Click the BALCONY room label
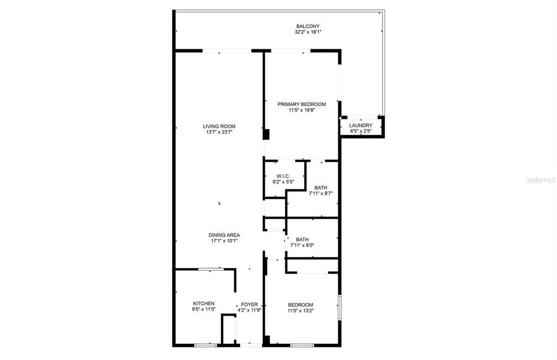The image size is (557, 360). pyautogui.click(x=307, y=26)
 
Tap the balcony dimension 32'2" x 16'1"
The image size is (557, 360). pyautogui.click(x=307, y=32)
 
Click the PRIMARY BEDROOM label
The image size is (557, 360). pyautogui.click(x=301, y=104)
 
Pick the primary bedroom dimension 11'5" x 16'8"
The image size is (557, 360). pyautogui.click(x=301, y=110)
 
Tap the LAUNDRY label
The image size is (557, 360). pyautogui.click(x=361, y=126)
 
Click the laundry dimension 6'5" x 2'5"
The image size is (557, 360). pyautogui.click(x=361, y=132)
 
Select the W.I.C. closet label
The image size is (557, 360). pyautogui.click(x=283, y=176)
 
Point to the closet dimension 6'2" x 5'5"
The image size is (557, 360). pyautogui.click(x=283, y=182)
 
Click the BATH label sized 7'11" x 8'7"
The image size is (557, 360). pyautogui.click(x=320, y=188)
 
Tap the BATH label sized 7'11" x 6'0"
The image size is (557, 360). pyautogui.click(x=302, y=239)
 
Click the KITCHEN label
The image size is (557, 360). pyautogui.click(x=203, y=303)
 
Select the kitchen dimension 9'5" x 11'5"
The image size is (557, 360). pyautogui.click(x=203, y=309)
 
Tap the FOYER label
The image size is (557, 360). pyautogui.click(x=250, y=304)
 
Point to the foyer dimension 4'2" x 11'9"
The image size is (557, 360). pyautogui.click(x=250, y=310)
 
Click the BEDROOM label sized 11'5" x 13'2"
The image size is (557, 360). pyautogui.click(x=300, y=305)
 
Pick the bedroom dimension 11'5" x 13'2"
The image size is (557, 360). pyautogui.click(x=300, y=311)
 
